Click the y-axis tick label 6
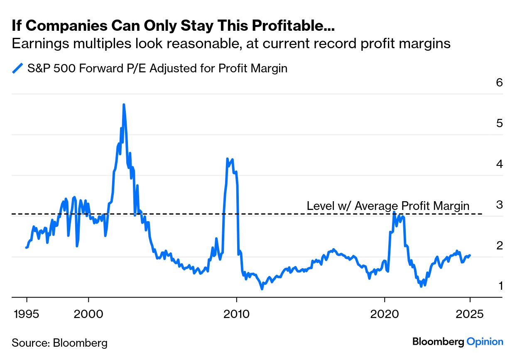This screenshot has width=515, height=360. click(500, 82)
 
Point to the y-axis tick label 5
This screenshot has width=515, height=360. click(500, 123)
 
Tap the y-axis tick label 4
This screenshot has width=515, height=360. click(500, 164)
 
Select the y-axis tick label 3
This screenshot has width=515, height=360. click(500, 205)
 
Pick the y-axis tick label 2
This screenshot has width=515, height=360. click(500, 245)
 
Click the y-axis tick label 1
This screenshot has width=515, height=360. click(500, 286)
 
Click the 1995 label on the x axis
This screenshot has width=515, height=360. click(27, 314)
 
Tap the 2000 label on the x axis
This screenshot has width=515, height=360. click(88, 314)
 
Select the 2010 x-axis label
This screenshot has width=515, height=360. click(236, 314)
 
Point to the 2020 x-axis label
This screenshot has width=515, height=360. click(385, 314)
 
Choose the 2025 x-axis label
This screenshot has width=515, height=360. click(470, 314)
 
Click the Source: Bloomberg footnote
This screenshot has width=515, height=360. click(59, 343)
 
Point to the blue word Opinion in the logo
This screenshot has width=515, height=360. click(485, 342)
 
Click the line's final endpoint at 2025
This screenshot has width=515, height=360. click(470, 255)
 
